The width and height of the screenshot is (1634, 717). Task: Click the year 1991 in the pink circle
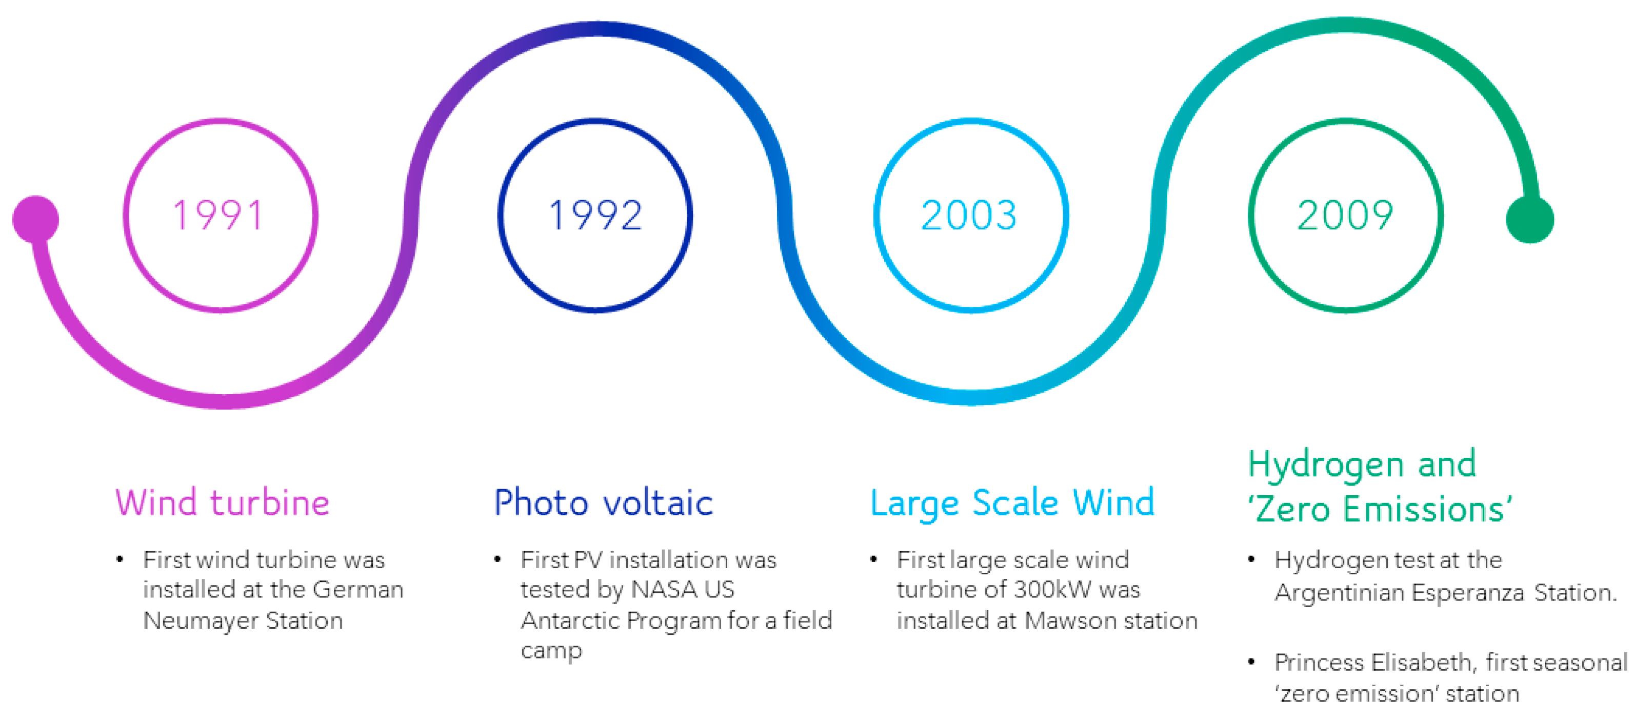tap(219, 215)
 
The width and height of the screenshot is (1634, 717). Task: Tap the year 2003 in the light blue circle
tap(969, 215)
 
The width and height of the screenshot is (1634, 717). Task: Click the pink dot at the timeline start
tap(35, 219)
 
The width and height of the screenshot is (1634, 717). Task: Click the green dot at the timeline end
tap(1529, 220)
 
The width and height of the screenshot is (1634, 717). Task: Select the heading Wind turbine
tap(223, 502)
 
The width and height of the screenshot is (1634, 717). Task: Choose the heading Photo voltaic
tap(603, 502)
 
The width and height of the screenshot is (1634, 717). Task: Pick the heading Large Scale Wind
tap(1012, 503)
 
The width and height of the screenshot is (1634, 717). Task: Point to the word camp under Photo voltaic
tap(551, 652)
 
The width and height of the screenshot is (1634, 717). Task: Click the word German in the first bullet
tap(358, 590)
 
